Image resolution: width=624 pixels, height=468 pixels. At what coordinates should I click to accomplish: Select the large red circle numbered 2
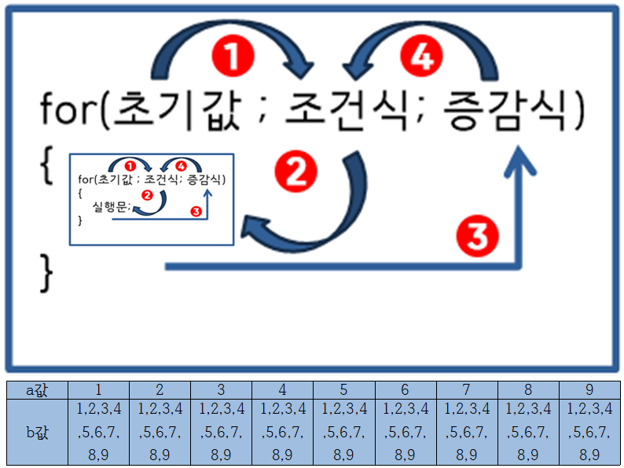pos(296,171)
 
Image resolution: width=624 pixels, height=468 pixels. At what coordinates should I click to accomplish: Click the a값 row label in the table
pos(37,389)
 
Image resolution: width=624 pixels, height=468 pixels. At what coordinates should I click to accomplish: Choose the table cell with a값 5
pos(343,389)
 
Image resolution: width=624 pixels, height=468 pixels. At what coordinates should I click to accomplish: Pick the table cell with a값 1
pos(98,389)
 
